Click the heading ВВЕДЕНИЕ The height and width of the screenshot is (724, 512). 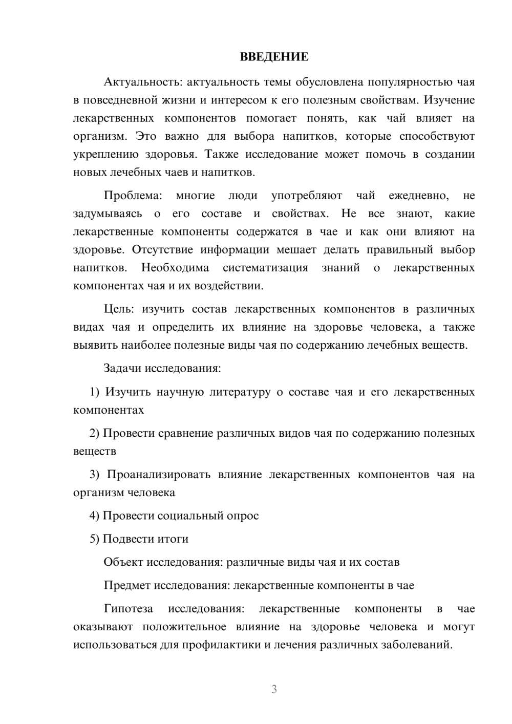point(274,57)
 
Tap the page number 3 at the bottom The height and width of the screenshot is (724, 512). point(274,689)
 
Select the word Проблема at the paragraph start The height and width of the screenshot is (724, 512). point(132,196)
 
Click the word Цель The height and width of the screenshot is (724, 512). point(118,309)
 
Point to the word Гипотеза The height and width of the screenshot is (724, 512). point(128,609)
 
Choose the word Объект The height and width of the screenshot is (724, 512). point(123,562)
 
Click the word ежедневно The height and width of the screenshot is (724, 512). point(419,196)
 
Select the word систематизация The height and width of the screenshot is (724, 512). point(265,268)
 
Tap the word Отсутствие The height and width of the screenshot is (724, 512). point(162,250)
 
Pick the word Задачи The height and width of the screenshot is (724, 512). point(122,369)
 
